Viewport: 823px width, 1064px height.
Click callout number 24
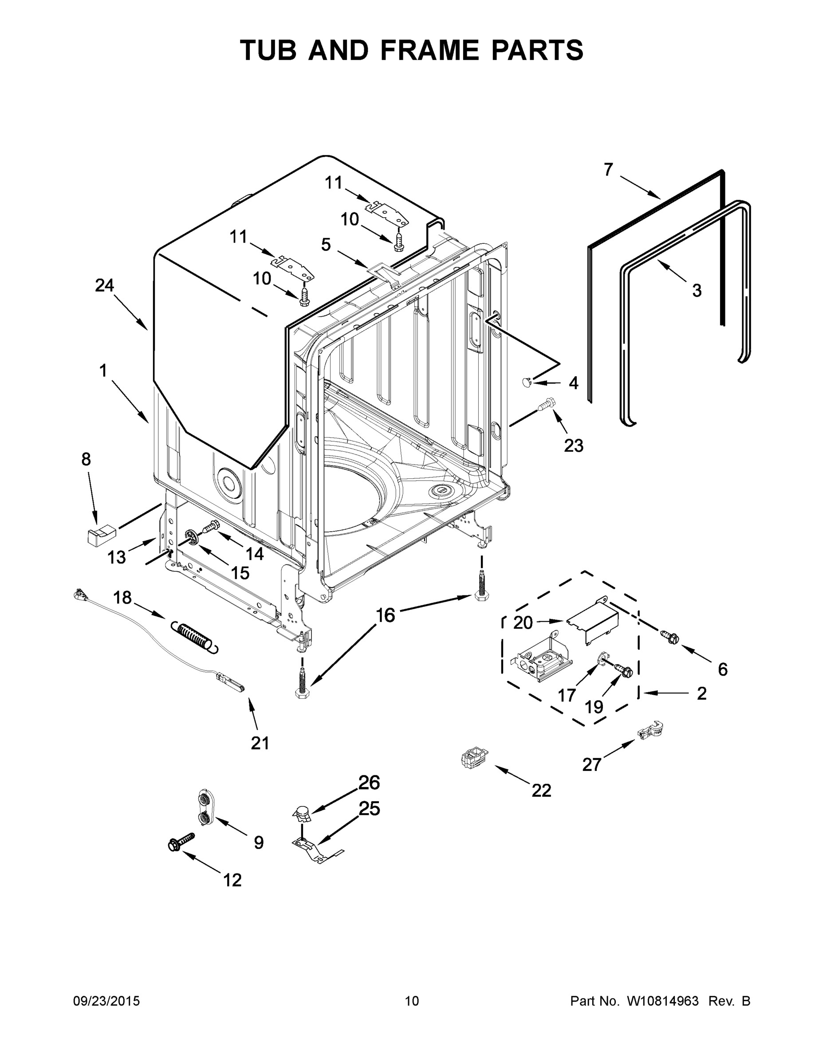tap(104, 286)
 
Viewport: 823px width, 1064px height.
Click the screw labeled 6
tap(669, 637)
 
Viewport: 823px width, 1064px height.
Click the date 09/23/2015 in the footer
tap(106, 1001)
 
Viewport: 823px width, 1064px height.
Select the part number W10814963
tap(662, 1001)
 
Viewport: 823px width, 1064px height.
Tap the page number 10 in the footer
tap(412, 1001)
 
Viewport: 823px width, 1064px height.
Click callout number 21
tap(260, 743)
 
